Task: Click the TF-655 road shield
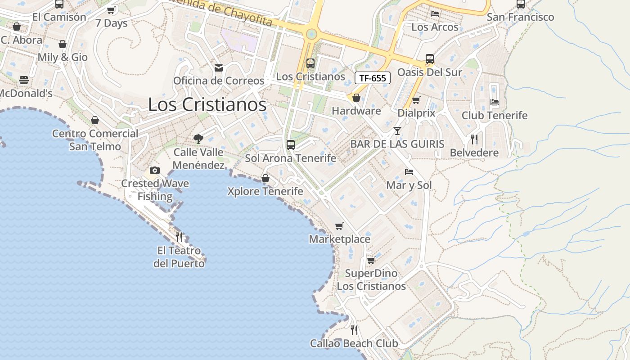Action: [x=373, y=78]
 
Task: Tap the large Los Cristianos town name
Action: [x=207, y=105]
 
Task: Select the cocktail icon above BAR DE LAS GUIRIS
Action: [x=397, y=131]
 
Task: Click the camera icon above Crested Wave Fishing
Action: [x=155, y=170]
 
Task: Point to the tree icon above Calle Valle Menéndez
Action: [x=198, y=139]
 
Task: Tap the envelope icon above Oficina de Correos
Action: [x=219, y=68]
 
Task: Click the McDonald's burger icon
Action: [x=24, y=80]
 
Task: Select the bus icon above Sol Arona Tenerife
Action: [x=291, y=145]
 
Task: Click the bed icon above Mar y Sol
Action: [x=409, y=172]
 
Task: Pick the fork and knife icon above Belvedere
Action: [x=474, y=139]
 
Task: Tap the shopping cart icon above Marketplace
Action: [x=339, y=226]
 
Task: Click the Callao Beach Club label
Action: [x=354, y=344]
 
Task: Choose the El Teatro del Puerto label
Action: [x=179, y=257]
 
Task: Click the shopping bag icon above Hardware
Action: [x=356, y=98]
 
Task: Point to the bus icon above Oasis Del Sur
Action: [x=430, y=59]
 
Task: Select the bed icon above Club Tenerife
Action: [x=495, y=102]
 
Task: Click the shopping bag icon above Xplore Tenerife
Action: [x=265, y=178]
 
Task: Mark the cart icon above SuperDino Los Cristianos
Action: [x=371, y=260]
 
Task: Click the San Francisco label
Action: [x=521, y=17]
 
